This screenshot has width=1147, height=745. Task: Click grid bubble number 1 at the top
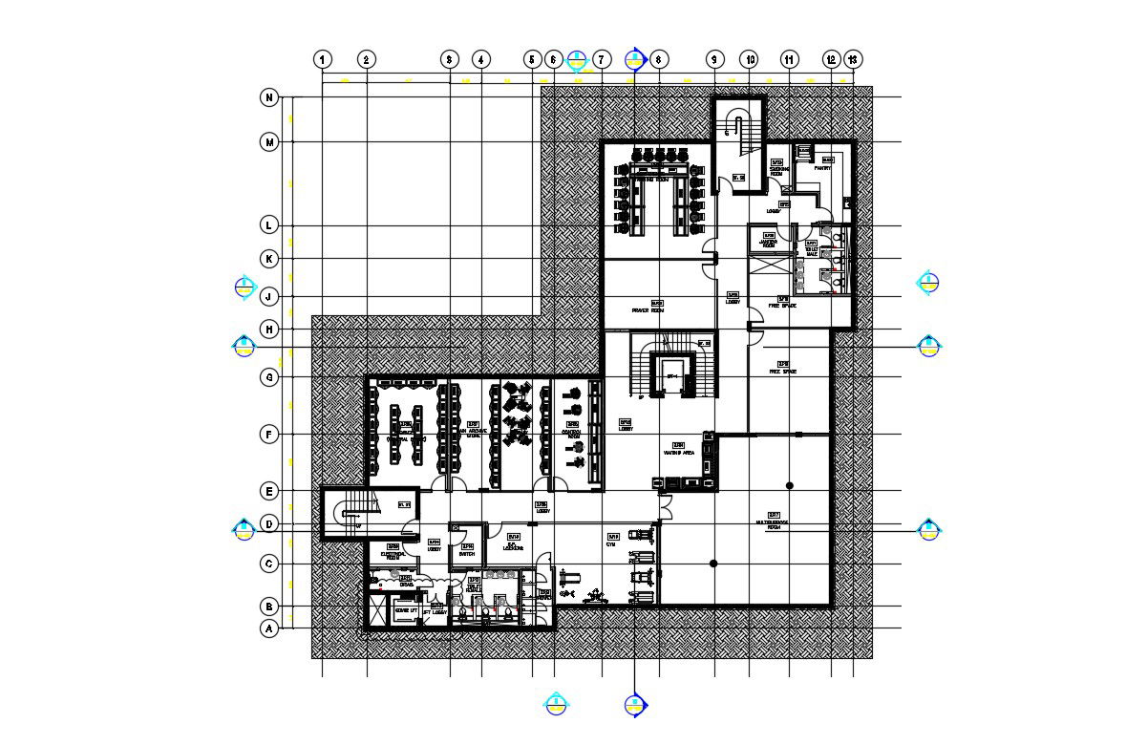coord(324,59)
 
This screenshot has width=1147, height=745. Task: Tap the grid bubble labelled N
coord(269,97)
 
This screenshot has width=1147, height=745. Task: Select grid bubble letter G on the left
coord(269,377)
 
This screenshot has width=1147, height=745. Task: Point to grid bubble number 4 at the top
coord(481,59)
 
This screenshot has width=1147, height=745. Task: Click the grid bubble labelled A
coord(269,628)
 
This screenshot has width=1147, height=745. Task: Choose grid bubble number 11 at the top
coord(790,59)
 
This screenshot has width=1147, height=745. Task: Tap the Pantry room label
coord(823,167)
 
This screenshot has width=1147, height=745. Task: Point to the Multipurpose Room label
coord(774,524)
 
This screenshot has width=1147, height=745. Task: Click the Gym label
coord(610,544)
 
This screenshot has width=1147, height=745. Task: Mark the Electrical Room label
coord(393,554)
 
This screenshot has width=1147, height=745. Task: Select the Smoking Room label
coord(778,172)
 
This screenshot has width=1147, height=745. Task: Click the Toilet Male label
coord(813,250)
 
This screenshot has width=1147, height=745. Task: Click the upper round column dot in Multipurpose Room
coord(790,486)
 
